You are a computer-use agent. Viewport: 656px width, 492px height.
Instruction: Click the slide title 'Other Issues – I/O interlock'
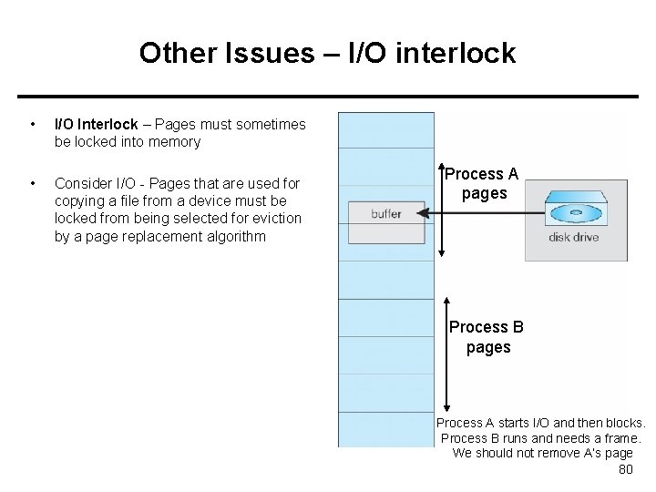tap(327, 53)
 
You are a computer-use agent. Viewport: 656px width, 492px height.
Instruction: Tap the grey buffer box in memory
tap(386, 220)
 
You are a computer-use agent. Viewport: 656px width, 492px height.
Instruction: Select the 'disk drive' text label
tap(573, 238)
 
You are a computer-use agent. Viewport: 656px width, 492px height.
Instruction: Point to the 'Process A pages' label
tap(482, 183)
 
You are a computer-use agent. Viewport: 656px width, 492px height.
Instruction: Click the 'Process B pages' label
tap(487, 337)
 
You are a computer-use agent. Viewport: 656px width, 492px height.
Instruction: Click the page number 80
tap(625, 469)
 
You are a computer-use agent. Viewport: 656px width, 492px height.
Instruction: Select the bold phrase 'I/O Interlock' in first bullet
tap(96, 124)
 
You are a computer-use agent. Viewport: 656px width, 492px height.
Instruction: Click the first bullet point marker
tap(33, 124)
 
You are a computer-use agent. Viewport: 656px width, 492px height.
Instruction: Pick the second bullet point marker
tap(33, 184)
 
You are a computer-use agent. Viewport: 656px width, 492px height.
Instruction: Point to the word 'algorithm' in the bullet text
tap(234, 237)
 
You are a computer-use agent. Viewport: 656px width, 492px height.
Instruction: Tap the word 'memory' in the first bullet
tap(174, 142)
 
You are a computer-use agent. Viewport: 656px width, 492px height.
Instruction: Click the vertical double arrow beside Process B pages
tap(446, 354)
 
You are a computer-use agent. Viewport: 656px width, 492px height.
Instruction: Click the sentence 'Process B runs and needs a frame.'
tap(541, 438)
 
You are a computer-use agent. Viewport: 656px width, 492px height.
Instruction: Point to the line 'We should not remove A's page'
tap(542, 453)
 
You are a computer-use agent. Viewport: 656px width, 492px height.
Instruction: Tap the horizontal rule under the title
tap(328, 97)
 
